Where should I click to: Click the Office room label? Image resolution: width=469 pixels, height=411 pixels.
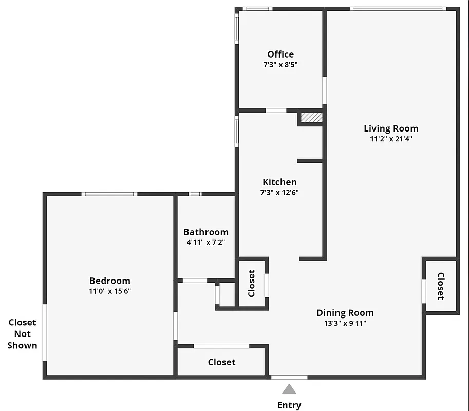click(x=280, y=54)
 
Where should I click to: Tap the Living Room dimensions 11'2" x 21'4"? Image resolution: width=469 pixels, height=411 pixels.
click(x=391, y=138)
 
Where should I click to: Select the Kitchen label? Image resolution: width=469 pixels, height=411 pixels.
click(x=279, y=182)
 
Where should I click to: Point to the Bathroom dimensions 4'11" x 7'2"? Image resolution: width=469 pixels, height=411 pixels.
click(x=205, y=242)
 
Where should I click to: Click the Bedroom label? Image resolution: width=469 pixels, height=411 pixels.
click(x=110, y=281)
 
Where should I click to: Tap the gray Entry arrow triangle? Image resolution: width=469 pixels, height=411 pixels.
click(x=289, y=389)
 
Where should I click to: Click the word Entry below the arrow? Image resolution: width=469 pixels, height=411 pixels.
click(x=289, y=405)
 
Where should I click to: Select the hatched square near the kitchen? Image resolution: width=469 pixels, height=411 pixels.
click(x=311, y=118)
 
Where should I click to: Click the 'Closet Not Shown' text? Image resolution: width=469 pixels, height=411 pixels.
click(x=23, y=334)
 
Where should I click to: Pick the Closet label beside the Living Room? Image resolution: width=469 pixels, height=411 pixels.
click(x=440, y=286)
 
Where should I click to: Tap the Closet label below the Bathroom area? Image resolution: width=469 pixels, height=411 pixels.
click(x=221, y=362)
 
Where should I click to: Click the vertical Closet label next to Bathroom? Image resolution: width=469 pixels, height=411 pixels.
click(x=251, y=283)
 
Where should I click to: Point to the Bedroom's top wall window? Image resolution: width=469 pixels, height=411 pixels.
click(x=109, y=194)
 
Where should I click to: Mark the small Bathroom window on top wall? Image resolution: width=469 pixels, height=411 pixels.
click(x=195, y=194)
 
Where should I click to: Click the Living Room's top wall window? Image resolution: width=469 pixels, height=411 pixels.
click(x=397, y=8)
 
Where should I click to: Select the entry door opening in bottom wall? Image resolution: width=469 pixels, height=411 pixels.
click(x=289, y=377)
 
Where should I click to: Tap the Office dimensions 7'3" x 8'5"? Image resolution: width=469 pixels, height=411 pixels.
click(x=280, y=65)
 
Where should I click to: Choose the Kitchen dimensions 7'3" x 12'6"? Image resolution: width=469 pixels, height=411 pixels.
click(x=279, y=193)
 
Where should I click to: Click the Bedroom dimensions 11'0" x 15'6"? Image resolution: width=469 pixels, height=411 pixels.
click(x=110, y=291)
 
